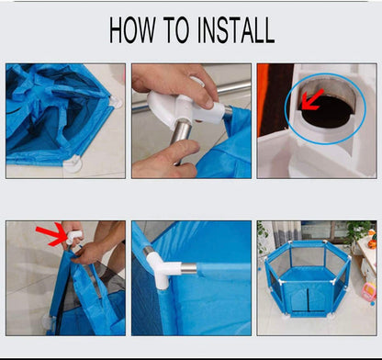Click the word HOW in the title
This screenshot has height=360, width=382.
(x=132, y=30)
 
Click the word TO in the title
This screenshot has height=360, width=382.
(x=176, y=30)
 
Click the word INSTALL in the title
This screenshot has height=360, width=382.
(x=236, y=30)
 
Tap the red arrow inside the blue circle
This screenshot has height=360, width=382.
(x=312, y=100)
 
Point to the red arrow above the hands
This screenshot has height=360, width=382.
(x=51, y=234)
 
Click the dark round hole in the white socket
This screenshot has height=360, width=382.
(x=328, y=113)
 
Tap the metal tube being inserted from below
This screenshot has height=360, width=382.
(x=181, y=139)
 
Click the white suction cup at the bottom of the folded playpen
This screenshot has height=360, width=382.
(x=73, y=163)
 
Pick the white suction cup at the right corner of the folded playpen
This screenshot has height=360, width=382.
(x=116, y=102)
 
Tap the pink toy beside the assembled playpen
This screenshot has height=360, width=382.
(x=368, y=292)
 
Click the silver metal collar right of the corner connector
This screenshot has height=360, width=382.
(x=188, y=268)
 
